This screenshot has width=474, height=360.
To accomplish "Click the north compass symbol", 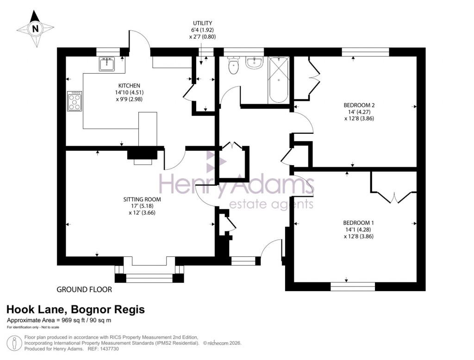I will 35,29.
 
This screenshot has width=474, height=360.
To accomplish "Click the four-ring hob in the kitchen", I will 75,101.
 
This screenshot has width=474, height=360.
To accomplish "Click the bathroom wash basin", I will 254,62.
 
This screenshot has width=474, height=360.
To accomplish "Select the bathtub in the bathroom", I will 279,80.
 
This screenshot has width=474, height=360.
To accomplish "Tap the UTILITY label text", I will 203,23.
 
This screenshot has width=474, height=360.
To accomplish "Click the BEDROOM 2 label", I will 359,105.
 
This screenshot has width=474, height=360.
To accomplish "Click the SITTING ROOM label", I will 142,199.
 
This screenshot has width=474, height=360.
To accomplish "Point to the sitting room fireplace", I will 143,155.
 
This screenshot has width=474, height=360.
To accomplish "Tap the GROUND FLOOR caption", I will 84,290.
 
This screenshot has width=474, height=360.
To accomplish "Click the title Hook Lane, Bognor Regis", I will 75,310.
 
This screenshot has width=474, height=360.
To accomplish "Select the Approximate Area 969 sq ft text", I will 59,320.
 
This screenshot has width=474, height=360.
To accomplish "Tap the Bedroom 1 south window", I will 353,286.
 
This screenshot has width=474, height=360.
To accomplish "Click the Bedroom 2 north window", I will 365,52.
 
